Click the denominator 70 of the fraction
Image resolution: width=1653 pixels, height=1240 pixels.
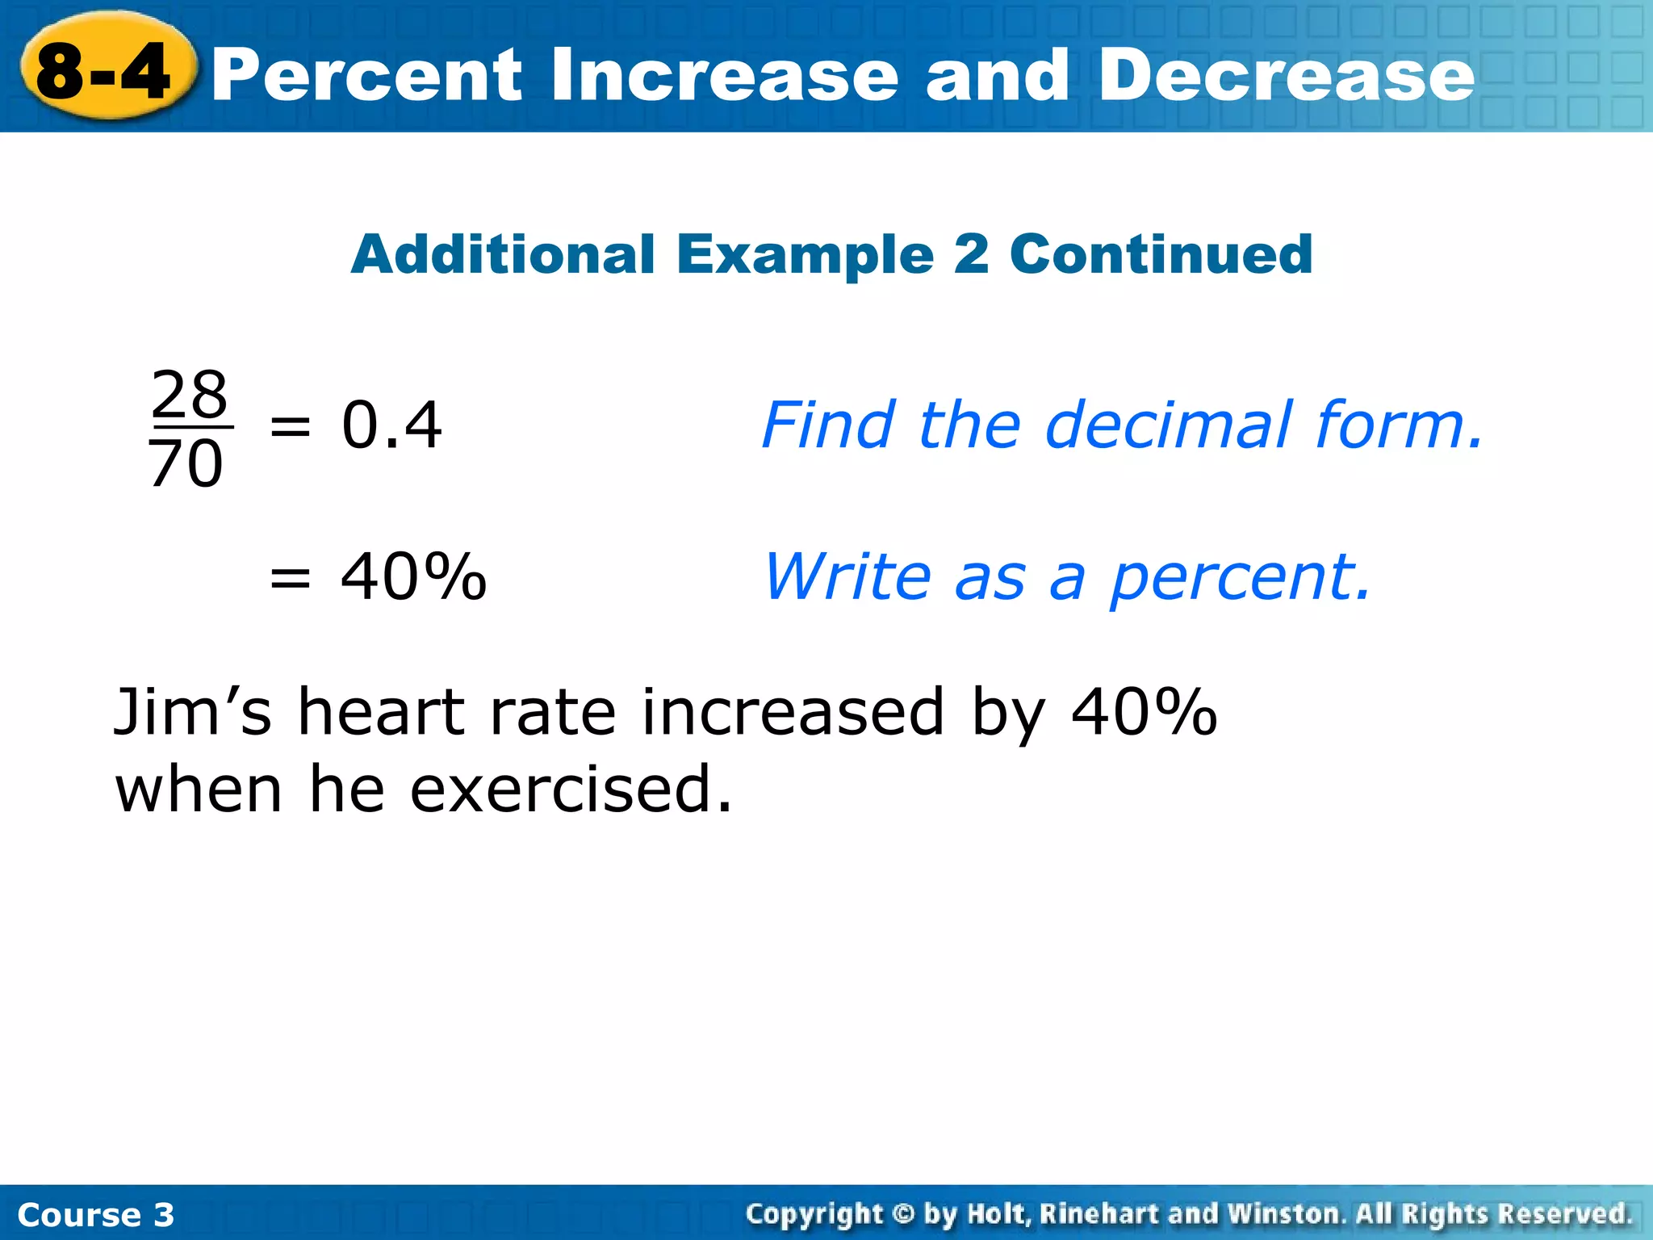(x=186, y=464)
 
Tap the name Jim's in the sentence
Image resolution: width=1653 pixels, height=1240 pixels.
(x=193, y=712)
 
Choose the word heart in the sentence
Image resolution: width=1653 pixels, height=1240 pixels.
(x=380, y=712)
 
